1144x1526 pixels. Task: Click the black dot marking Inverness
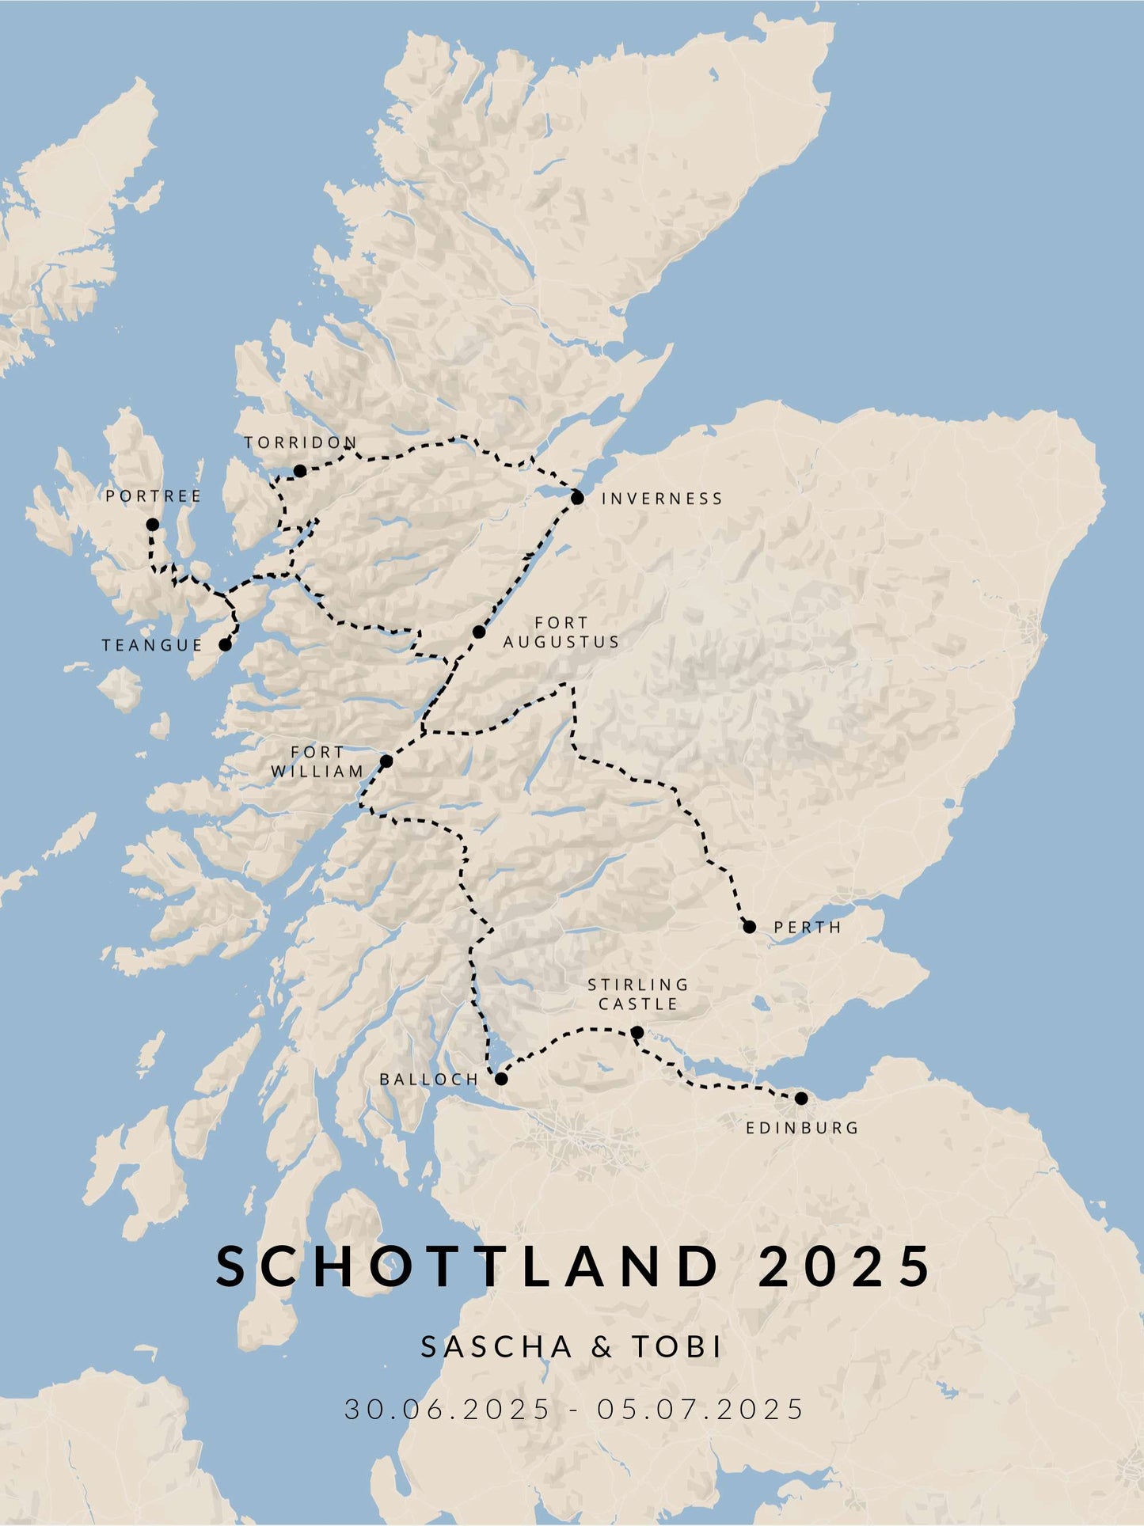(577, 497)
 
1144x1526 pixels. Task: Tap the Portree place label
(154, 496)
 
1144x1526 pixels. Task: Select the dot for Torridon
(300, 471)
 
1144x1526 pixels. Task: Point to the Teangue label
(153, 645)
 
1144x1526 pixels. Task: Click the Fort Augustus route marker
(479, 632)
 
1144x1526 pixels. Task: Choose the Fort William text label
(317, 761)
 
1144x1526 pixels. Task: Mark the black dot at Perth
(749, 926)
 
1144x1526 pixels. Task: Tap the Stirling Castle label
(638, 994)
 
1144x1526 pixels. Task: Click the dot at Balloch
(500, 1078)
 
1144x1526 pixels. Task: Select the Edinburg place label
(802, 1127)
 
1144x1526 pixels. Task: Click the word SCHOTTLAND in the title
(467, 1266)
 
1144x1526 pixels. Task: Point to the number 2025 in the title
(845, 1266)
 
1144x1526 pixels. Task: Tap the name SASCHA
(496, 1346)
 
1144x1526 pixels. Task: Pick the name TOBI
(677, 1346)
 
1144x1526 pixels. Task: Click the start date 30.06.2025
(447, 1409)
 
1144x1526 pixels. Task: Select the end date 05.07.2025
(701, 1409)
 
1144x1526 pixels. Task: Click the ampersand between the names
(602, 1347)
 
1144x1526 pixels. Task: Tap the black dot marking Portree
(152, 524)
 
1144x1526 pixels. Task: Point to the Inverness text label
(662, 499)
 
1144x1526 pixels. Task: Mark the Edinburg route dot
(800, 1098)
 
